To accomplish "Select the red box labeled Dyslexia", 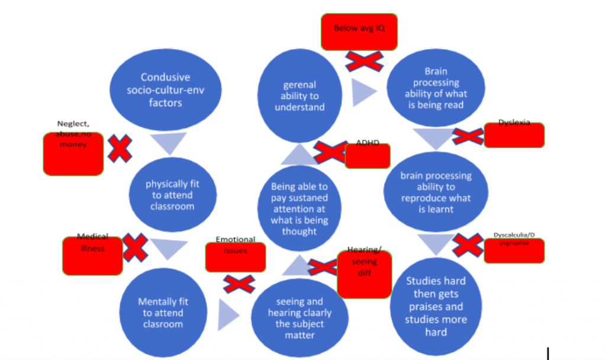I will [x=514, y=135].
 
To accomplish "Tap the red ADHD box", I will [x=367, y=156].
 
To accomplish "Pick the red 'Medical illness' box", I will [x=92, y=255].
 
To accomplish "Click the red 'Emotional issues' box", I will [x=235, y=257].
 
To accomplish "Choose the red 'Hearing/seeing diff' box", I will [x=364, y=274].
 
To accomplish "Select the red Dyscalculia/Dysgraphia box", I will [x=514, y=250].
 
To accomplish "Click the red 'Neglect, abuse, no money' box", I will [x=73, y=153].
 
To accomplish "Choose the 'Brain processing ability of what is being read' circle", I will [x=436, y=88].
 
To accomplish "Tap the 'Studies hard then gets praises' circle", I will [x=436, y=306].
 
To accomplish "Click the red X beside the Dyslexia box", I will [x=468, y=136].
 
